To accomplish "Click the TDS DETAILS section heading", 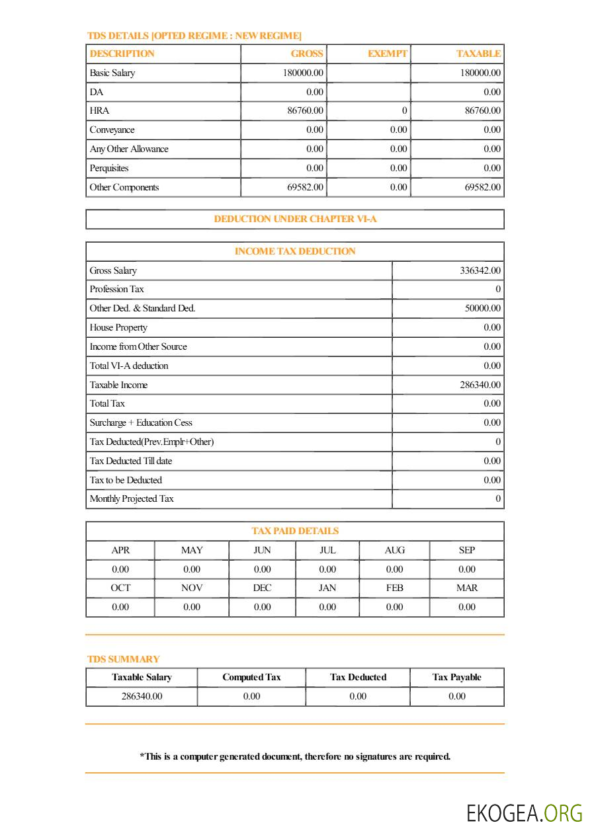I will coord(194,36).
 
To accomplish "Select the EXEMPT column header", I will coord(388,54).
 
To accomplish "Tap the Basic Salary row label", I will coord(112,73).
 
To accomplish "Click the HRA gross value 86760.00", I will coord(305,110).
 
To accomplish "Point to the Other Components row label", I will coord(124,187).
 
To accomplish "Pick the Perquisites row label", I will coord(109,168).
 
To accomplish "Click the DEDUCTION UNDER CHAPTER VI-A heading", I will coord(295,219).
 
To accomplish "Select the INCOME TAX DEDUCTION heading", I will coord(295,251).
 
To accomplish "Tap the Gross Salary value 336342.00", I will coord(480,270).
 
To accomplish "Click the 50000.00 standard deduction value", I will coord(482,308).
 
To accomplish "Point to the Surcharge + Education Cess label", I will coord(141,422).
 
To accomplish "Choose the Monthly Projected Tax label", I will coord(132,498).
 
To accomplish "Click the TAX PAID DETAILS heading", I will coord(295,531).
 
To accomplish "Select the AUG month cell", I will coord(395,550).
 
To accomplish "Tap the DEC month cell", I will coord(263,588).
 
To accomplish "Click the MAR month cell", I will coord(467,588).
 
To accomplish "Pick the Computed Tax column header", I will coord(251,677).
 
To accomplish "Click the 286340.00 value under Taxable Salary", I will coord(142,696).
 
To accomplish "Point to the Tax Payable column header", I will coord(457,677).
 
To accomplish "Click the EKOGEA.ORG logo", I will coord(525,813).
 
